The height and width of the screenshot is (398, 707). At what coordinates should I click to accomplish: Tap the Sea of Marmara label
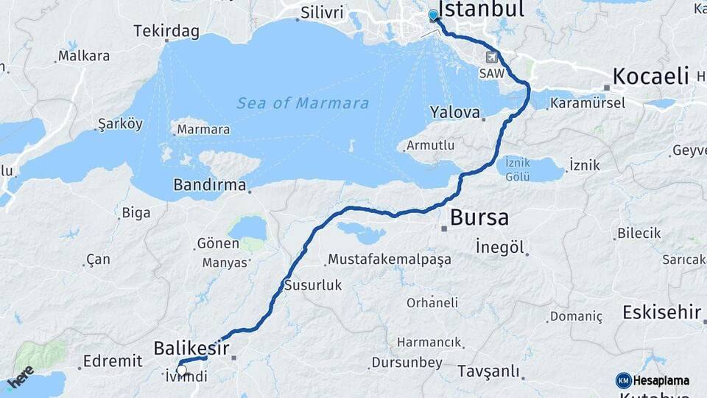pos(303,103)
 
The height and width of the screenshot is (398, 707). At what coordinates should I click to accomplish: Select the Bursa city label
pos(479,218)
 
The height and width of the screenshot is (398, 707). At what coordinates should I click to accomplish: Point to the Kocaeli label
pos(651,76)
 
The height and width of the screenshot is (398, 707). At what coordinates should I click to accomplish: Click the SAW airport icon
pos(492,57)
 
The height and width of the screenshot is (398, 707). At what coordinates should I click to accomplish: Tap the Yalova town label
pos(454,112)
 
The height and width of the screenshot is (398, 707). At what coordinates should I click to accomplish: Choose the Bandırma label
pos(210,185)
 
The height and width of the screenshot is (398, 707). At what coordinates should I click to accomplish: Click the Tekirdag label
pos(167,31)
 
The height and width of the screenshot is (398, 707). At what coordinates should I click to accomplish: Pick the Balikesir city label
pos(191,348)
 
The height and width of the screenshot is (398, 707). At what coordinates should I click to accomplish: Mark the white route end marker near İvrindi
pos(181,370)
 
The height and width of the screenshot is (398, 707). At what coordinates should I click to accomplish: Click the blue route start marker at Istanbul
pos(432,15)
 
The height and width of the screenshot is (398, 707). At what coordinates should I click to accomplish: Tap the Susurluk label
pos(313,285)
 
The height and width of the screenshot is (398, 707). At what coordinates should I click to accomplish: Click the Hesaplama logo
pos(653,380)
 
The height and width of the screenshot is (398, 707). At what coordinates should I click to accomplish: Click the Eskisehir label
pos(661,312)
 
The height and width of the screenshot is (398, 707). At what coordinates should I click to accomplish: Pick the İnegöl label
pos(501,246)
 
